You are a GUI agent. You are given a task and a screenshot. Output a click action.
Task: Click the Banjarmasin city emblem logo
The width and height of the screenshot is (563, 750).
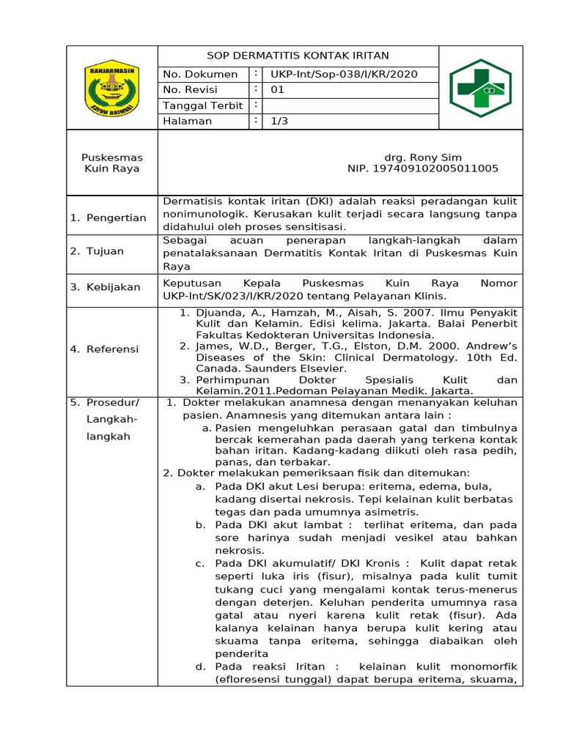pyautogui.click(x=112, y=87)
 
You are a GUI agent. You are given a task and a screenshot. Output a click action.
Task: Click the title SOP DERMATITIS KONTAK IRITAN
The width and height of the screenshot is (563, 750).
pyautogui.click(x=298, y=56)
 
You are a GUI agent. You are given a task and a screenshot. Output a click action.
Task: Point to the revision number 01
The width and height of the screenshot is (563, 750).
pyautogui.click(x=277, y=90)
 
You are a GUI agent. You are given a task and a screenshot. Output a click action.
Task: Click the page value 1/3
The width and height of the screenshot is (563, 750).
pyautogui.click(x=279, y=122)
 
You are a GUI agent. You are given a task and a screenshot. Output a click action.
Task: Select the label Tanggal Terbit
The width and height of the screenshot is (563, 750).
pyautogui.click(x=203, y=105)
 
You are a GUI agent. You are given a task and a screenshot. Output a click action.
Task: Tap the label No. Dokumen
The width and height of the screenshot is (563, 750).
pyautogui.click(x=200, y=74)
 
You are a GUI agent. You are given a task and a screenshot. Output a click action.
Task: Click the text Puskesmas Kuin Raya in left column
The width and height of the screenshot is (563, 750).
pyautogui.click(x=112, y=163)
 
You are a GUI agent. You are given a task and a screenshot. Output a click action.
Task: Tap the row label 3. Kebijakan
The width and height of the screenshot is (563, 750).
pyautogui.click(x=105, y=287)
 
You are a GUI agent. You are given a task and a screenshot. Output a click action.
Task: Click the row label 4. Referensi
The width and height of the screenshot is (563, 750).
pyautogui.click(x=104, y=349)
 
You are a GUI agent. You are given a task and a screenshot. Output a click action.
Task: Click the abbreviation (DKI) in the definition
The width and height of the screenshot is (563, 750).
pyautogui.click(x=303, y=201)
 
